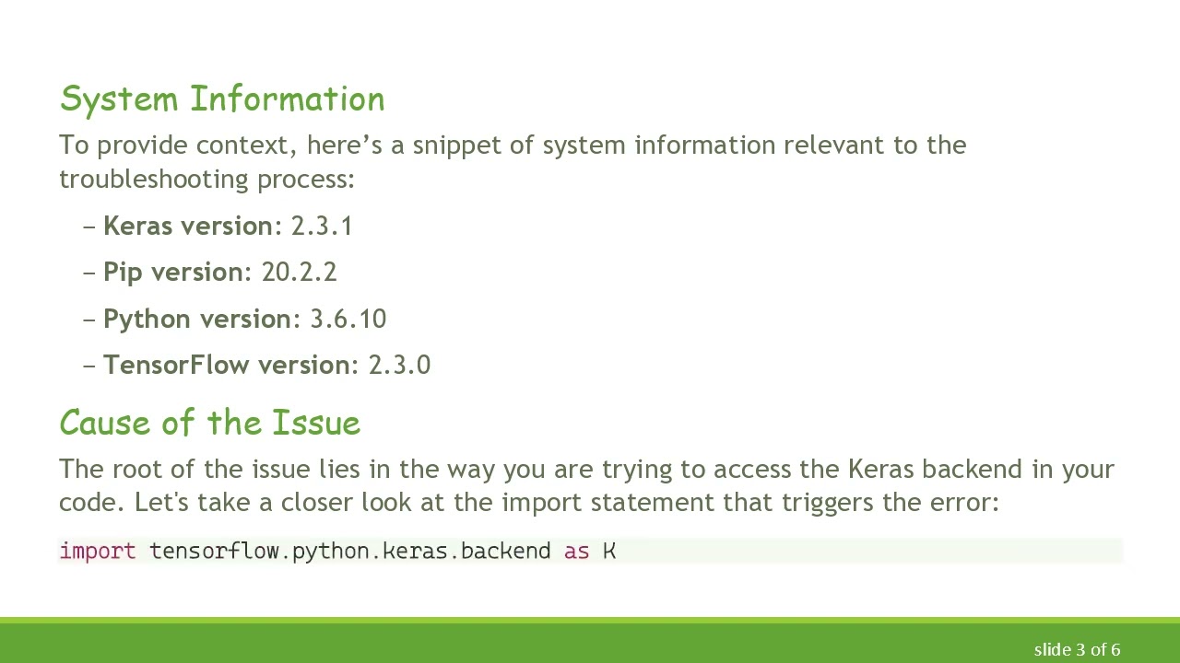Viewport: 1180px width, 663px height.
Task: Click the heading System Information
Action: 222,99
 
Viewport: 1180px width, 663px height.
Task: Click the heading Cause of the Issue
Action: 209,424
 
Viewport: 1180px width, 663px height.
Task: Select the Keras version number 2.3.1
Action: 322,227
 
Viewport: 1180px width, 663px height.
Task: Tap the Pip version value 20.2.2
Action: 299,273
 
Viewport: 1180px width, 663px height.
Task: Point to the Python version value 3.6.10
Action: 348,320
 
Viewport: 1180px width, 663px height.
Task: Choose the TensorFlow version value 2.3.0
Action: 399,366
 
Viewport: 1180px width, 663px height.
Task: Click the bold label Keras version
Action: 188,227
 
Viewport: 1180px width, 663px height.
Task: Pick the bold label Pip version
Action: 174,273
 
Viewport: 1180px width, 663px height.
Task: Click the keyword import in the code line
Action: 97,552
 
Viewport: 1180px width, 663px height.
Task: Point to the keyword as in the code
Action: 576,552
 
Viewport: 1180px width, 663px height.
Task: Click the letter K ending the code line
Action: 609,552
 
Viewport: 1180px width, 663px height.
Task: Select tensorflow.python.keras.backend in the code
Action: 349,552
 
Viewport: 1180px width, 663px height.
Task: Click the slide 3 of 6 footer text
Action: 1077,650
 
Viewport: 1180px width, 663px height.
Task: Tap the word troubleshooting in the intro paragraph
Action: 154,179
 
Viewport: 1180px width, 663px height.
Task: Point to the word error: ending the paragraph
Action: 966,503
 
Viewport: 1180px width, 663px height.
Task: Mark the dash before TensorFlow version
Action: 89,366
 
